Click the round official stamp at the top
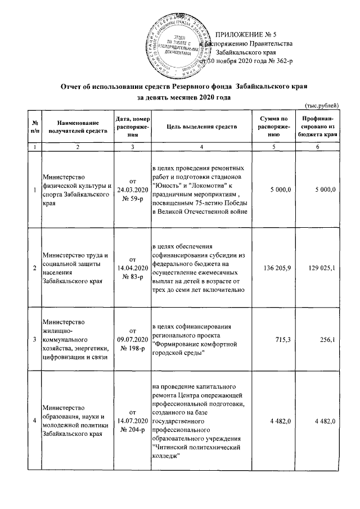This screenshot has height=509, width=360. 178,44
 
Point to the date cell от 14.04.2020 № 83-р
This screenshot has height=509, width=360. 133,269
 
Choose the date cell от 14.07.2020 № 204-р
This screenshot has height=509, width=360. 133,421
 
